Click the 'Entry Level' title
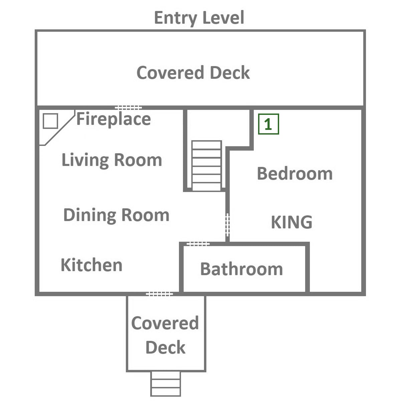pos(199,18)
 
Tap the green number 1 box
pos(268,124)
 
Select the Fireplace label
pos(114,119)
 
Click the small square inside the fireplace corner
pos(50,121)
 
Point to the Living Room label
pos(112,160)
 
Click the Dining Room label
pos(116,215)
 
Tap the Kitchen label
pos(91,265)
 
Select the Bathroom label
pos(241,269)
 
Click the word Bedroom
pos(295,174)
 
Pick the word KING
pos(291,222)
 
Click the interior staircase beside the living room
pos(206,166)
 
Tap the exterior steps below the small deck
pos(165,384)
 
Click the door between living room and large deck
pos(129,108)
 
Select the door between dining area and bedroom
pos(228,225)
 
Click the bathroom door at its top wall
pos(198,244)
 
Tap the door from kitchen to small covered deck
pos(159,294)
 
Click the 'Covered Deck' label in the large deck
pos(193,72)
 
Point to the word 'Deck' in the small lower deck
pos(165,347)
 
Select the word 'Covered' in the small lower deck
pos(165,323)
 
